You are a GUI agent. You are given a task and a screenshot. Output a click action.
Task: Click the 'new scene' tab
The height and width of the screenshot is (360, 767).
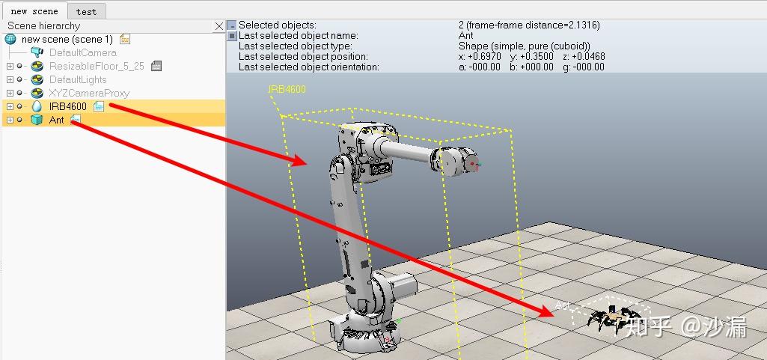point(34,10)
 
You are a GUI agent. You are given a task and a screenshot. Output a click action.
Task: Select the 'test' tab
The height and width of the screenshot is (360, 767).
point(86,11)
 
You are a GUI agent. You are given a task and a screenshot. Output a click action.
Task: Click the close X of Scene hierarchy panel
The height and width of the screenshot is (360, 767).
point(219,26)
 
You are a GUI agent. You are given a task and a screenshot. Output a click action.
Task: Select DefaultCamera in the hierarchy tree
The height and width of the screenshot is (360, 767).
point(82,53)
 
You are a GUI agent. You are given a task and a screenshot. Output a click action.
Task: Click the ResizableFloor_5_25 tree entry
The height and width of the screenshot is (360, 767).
point(97,66)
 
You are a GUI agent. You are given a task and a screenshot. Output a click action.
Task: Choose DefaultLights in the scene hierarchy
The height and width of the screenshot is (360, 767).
point(78,80)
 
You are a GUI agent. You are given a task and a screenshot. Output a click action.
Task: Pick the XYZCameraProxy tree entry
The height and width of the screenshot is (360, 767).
point(89,93)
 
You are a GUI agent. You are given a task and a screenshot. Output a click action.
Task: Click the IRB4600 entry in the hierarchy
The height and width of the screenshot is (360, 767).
point(68,106)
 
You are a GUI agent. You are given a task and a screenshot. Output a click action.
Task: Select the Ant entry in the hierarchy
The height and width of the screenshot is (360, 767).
point(57,120)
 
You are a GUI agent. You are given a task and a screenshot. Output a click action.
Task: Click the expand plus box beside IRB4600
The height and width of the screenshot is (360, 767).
point(10,106)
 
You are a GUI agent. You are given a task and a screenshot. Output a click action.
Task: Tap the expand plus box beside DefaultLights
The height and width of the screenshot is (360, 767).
point(10,80)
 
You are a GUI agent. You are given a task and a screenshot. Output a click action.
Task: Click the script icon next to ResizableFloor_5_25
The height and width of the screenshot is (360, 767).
point(156,66)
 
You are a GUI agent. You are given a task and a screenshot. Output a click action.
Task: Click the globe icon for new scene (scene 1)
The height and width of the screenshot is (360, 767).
point(10,40)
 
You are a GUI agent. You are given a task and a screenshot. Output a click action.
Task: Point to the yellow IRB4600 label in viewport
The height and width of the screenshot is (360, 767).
point(287,89)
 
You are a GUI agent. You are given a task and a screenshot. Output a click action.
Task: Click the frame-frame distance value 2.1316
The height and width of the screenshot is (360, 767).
point(585,25)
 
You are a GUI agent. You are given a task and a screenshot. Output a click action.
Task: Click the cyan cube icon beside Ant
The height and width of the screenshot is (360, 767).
point(37,120)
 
